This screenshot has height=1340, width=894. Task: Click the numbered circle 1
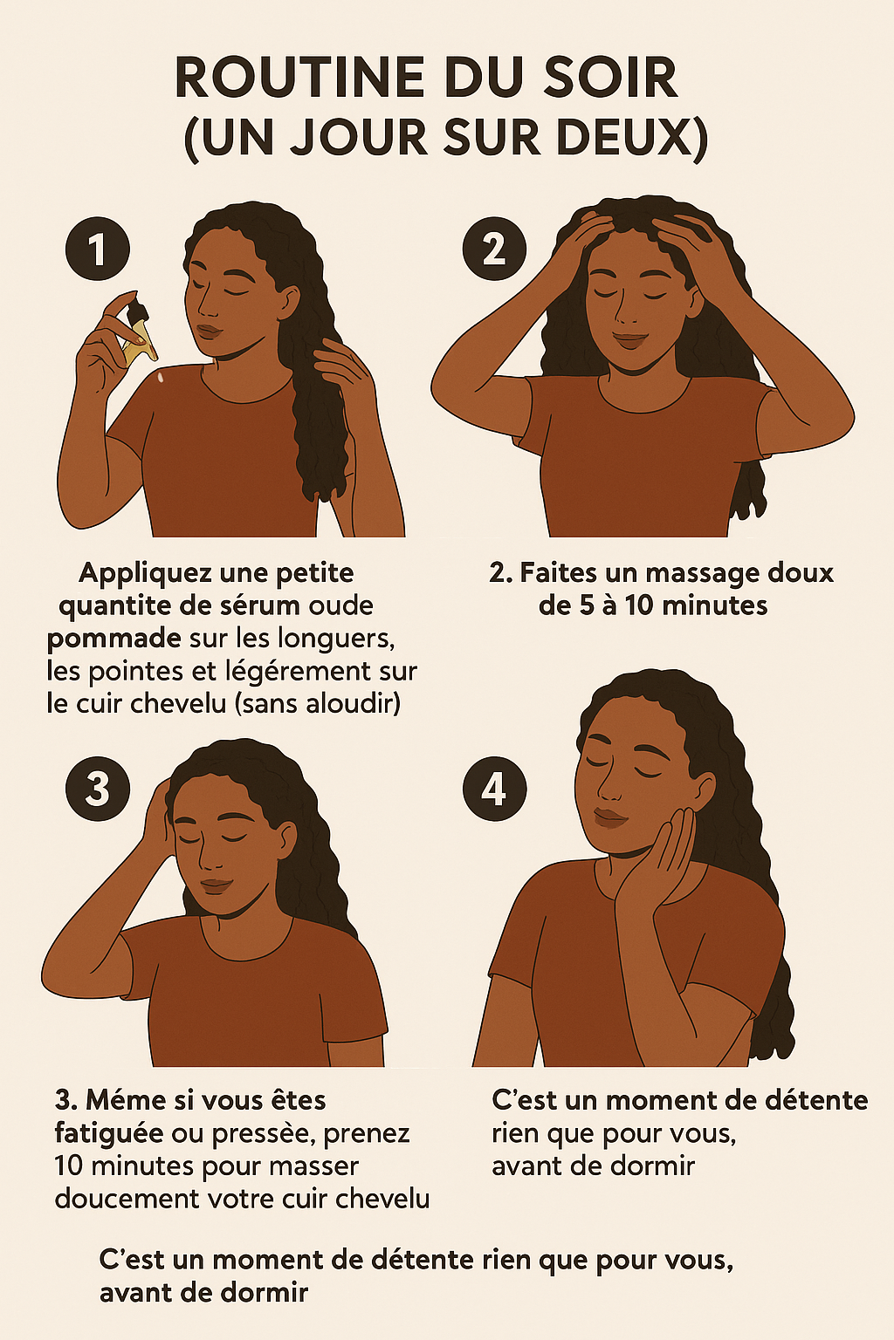pos(98,249)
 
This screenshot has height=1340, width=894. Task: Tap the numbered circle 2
pos(495,249)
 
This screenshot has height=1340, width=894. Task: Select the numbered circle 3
pos(98,789)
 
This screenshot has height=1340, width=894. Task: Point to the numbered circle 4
pos(495,789)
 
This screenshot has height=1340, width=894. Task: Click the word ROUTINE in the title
pos(292,78)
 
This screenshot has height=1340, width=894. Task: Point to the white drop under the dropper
pos(161,378)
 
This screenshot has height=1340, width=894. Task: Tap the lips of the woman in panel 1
pos(210,332)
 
